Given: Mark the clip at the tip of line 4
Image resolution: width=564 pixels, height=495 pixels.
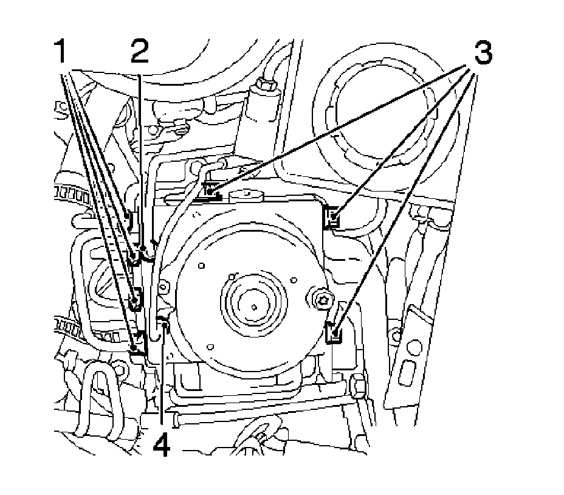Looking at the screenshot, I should click(162, 320).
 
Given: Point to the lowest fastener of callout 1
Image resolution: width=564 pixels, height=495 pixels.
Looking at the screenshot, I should click(139, 348).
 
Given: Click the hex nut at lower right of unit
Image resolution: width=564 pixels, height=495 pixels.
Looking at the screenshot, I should click(357, 386).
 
